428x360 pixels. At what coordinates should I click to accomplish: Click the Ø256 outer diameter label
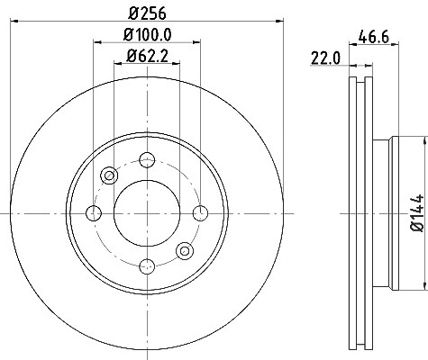pyautogui.click(x=147, y=13)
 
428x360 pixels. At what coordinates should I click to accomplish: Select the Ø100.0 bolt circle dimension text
pyautogui.click(x=147, y=35)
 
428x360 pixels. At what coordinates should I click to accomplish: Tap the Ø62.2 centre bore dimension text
pyautogui.click(x=147, y=56)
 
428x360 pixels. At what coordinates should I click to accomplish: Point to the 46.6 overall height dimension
pyautogui.click(x=374, y=37)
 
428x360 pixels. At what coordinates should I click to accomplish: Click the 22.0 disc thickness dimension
pyautogui.click(x=325, y=58)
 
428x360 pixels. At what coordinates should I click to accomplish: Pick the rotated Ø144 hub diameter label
pyautogui.click(x=417, y=213)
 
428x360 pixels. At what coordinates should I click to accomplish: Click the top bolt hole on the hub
pyautogui.click(x=147, y=160)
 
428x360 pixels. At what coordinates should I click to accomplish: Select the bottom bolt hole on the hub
pyautogui.click(x=147, y=266)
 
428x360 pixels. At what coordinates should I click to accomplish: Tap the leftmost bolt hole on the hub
pyautogui.click(x=94, y=213)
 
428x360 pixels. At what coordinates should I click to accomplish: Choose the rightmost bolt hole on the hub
pyautogui.click(x=200, y=213)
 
